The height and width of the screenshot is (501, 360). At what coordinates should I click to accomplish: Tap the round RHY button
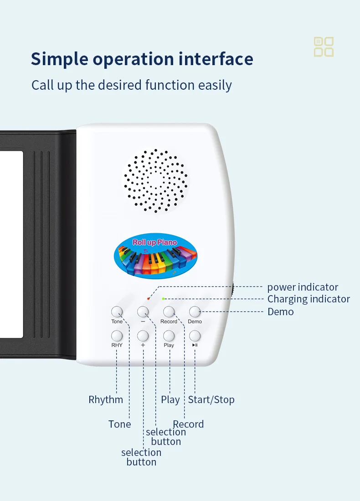pyautogui.click(x=117, y=336)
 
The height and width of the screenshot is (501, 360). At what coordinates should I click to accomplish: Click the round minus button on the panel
pyautogui.click(x=143, y=312)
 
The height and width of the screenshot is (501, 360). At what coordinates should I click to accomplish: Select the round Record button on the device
pyautogui.click(x=169, y=312)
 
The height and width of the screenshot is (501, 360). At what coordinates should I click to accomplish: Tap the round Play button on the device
pyautogui.click(x=169, y=336)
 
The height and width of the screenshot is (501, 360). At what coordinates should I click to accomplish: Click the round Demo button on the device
pyautogui.click(x=195, y=312)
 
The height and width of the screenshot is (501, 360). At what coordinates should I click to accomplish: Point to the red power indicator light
pyautogui.click(x=148, y=298)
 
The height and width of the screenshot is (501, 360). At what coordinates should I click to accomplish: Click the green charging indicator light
pyautogui.click(x=163, y=299)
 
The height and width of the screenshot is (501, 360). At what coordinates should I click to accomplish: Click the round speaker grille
pyautogui.click(x=155, y=180)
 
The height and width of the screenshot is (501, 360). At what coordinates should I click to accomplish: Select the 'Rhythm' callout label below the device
pyautogui.click(x=106, y=400)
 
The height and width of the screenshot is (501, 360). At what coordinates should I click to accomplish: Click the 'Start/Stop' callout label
pyautogui.click(x=211, y=400)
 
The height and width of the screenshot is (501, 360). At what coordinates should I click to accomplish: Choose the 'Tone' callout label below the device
pyautogui.click(x=119, y=424)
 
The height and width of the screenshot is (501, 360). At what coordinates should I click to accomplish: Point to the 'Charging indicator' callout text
pyautogui.click(x=309, y=299)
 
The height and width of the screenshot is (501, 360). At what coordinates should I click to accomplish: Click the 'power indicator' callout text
pyautogui.click(x=303, y=287)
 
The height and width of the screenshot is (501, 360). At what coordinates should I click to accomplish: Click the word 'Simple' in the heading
pyautogui.click(x=58, y=59)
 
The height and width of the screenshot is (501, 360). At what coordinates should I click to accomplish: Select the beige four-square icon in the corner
pyautogui.click(x=324, y=47)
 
